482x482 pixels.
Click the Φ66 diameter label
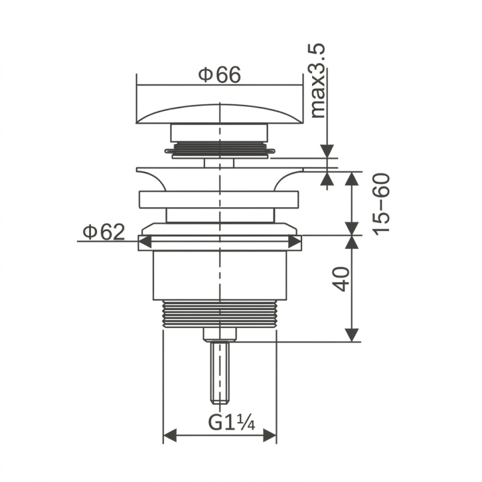tap(219, 75)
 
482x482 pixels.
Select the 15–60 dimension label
tap(381, 204)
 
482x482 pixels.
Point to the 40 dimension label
tap(342, 279)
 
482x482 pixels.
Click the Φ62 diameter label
tap(104, 232)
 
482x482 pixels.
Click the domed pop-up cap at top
tap(220, 114)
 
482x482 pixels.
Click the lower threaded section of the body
tap(220, 314)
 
